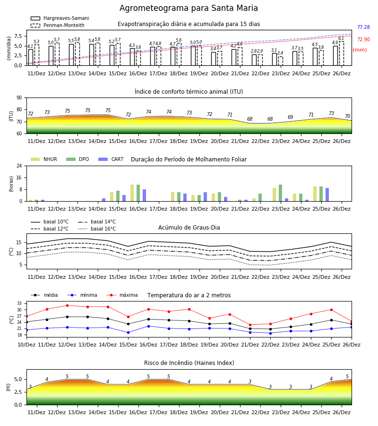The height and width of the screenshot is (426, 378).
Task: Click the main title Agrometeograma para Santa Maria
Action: [x=189, y=8]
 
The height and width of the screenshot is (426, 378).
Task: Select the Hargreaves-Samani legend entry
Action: [x=60, y=18]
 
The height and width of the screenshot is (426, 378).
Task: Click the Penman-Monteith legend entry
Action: [x=58, y=25]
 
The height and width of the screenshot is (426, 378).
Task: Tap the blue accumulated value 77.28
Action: [x=363, y=27]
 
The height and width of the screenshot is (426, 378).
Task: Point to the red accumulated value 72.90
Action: [x=363, y=39]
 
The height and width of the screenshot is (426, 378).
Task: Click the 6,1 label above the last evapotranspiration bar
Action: [x=341, y=38]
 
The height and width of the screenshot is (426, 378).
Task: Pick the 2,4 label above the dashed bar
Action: [x=280, y=53]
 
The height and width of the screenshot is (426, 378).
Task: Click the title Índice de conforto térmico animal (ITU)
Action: [x=189, y=91]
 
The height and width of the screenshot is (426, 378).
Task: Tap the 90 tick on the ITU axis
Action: [x=19, y=98]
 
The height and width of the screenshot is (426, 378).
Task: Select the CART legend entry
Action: [x=111, y=159]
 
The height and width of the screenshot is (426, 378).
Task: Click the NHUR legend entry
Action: [x=44, y=159]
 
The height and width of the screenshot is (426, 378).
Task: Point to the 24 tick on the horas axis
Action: [x=19, y=166]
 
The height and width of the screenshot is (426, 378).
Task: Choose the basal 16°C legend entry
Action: [x=97, y=229]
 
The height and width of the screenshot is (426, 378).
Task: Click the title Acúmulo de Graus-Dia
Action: [x=189, y=227]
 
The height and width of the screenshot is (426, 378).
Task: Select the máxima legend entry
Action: [x=122, y=295]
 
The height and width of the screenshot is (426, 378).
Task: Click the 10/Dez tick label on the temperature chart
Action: [x=26, y=345]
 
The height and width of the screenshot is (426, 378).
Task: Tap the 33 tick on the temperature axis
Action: [x=19, y=303]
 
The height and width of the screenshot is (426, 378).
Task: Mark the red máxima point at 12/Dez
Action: [x=67, y=305]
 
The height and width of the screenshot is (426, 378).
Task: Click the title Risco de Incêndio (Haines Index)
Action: [x=189, y=363]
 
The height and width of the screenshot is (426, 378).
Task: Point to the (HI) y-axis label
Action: [x=8, y=387]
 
